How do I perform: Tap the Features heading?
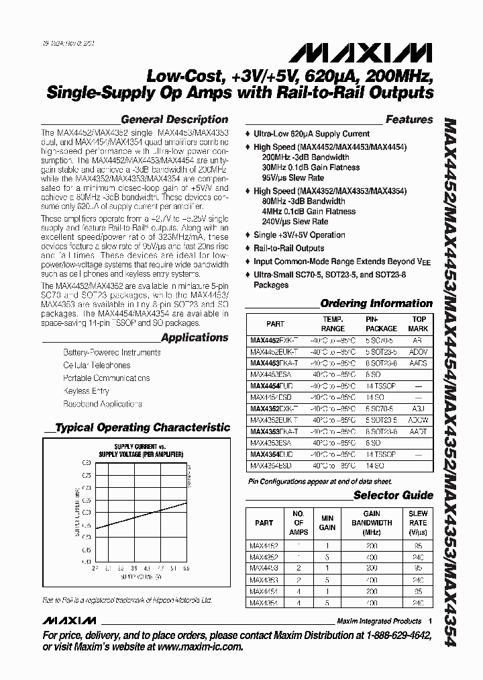[x=409, y=120]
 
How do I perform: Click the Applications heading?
[x=195, y=337]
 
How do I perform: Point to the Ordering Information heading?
[x=376, y=303]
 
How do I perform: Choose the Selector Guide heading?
[x=393, y=495]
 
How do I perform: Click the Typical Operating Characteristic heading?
[x=142, y=427]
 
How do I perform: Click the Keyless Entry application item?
[x=86, y=390]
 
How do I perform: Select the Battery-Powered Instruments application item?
[x=103, y=352]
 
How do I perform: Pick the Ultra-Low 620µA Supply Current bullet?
[x=311, y=134]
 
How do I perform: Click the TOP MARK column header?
[x=419, y=324]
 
